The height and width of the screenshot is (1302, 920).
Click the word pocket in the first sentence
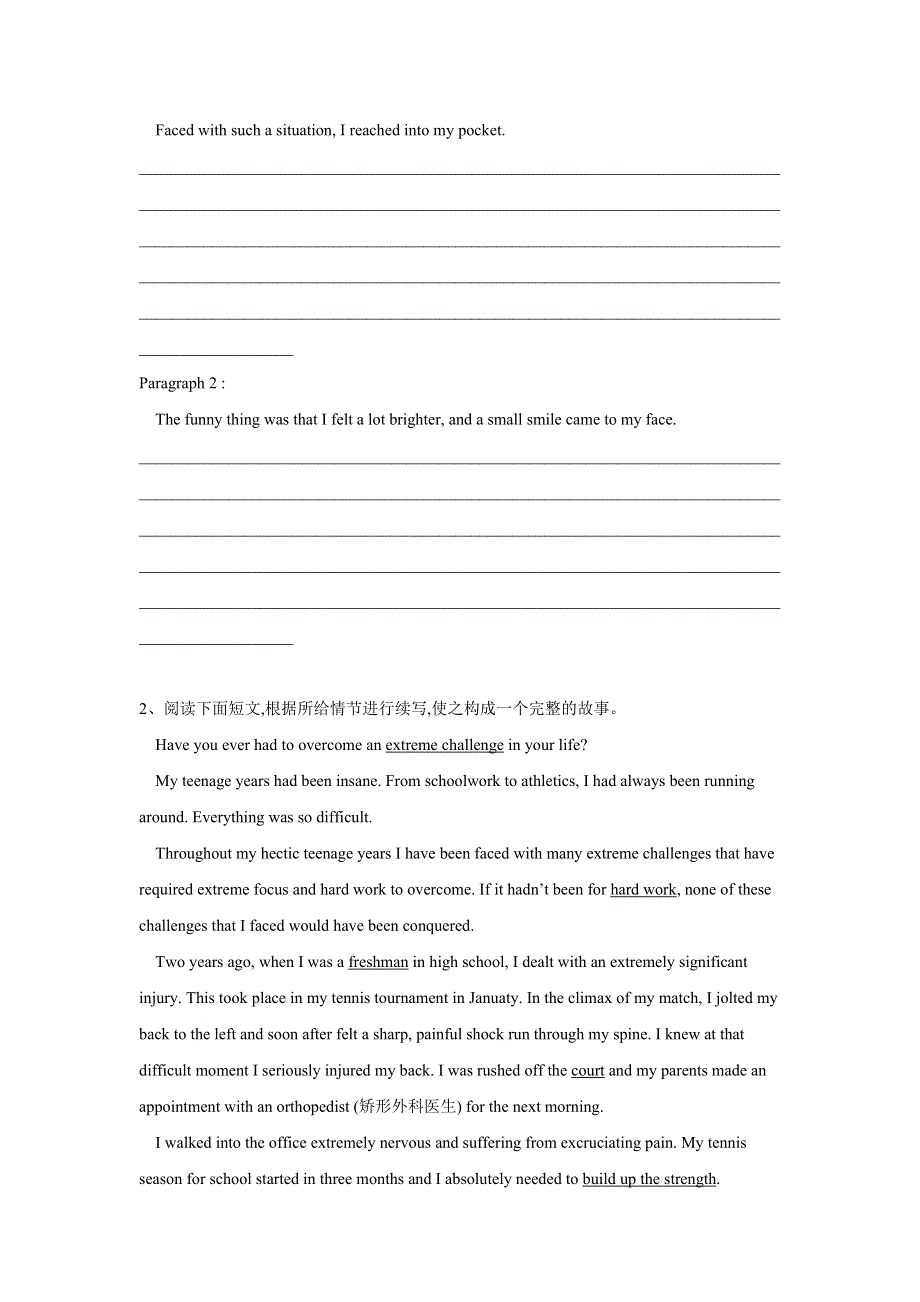point(480,131)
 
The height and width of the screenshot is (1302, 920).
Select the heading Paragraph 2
point(181,384)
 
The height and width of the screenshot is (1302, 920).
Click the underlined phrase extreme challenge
point(444,745)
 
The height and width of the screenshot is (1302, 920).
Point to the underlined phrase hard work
point(643,890)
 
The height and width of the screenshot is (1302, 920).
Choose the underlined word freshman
point(378,962)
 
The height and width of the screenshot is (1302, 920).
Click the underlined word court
point(587,1071)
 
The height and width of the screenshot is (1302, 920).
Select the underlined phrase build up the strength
point(649,1179)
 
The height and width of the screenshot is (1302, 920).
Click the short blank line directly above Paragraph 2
point(216,354)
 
